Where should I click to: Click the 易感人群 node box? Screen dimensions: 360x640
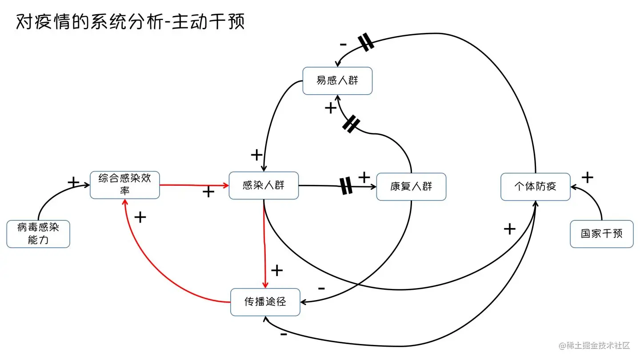(x=337, y=81)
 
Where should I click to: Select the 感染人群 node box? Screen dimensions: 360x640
(x=264, y=185)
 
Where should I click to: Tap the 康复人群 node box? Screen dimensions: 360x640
(x=411, y=187)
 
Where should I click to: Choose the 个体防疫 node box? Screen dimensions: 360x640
(x=535, y=187)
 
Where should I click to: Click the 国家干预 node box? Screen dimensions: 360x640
(x=601, y=234)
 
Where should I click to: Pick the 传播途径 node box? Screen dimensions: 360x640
(x=265, y=302)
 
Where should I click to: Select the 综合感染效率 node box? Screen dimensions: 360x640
(x=124, y=185)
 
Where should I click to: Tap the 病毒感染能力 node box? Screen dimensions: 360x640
(x=38, y=234)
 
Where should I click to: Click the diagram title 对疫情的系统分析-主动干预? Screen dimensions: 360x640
(x=131, y=22)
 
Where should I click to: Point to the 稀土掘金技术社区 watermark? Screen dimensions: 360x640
(x=594, y=345)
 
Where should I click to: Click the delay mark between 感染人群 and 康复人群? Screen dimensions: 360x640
(x=346, y=186)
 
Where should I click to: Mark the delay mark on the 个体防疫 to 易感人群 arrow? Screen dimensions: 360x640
(x=366, y=43)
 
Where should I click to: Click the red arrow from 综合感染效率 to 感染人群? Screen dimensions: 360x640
(x=194, y=184)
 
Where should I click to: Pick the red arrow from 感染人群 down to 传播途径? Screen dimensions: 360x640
(x=265, y=249)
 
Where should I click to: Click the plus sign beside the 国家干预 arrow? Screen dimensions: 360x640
(x=588, y=178)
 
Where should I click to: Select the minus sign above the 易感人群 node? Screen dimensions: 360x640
(x=343, y=44)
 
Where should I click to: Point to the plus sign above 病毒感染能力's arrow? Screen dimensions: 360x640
(x=73, y=182)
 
